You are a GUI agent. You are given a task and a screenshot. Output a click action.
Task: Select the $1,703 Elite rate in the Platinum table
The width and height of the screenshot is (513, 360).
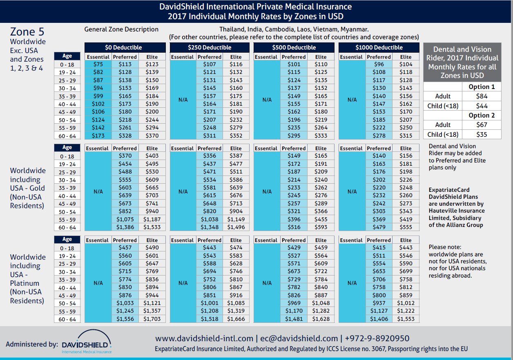(152, 319)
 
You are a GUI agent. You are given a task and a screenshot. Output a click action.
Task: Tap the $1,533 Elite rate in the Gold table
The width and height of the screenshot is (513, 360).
(152, 227)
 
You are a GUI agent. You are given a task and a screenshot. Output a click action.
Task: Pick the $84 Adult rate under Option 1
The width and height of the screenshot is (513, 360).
(482, 96)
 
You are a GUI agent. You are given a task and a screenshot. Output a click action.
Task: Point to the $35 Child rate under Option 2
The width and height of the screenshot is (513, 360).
(482, 134)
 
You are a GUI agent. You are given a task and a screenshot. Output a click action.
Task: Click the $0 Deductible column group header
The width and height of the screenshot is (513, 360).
(125, 47)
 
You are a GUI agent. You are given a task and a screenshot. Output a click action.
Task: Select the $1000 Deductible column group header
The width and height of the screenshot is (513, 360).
(379, 47)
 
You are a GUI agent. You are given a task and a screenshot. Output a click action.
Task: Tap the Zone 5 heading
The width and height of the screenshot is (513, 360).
(27, 32)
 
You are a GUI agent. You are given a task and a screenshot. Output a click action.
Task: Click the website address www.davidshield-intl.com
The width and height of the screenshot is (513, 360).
(204, 338)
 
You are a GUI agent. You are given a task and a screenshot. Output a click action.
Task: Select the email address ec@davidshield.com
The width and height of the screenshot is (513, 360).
(299, 338)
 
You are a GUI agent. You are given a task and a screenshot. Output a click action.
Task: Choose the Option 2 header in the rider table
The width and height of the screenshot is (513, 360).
(482, 116)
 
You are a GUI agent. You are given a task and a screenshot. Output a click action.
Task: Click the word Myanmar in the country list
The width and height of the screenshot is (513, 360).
(354, 29)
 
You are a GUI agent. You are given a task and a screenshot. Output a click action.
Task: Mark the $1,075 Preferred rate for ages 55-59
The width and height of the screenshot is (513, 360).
(125, 220)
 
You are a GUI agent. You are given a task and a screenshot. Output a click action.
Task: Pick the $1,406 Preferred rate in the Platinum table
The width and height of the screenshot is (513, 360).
(379, 319)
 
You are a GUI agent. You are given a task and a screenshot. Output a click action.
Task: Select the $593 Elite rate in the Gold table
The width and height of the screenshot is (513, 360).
(321, 227)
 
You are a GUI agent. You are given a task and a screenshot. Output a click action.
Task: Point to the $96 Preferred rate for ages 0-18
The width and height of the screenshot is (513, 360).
(379, 64)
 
